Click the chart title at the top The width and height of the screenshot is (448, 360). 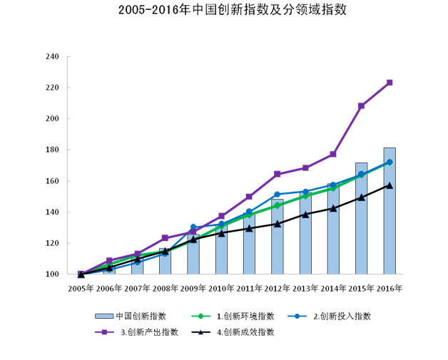tap(224, 11)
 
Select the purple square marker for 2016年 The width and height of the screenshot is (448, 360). tap(390, 83)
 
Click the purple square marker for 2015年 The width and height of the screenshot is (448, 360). tap(362, 106)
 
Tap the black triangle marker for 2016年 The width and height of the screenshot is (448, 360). tap(390, 185)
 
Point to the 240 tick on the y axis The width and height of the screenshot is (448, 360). tap(52, 57)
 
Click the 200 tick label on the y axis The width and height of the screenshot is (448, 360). tap(52, 119)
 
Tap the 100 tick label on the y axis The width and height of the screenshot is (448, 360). tap(52, 274)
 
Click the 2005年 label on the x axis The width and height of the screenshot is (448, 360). tap(81, 289)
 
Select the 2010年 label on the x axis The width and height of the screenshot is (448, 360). tap(221, 289)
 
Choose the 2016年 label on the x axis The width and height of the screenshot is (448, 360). tap(390, 289)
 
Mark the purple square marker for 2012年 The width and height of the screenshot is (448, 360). tap(278, 174)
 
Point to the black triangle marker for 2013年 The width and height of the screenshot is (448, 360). tap(305, 214)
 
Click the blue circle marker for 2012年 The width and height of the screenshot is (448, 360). tap(278, 194)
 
